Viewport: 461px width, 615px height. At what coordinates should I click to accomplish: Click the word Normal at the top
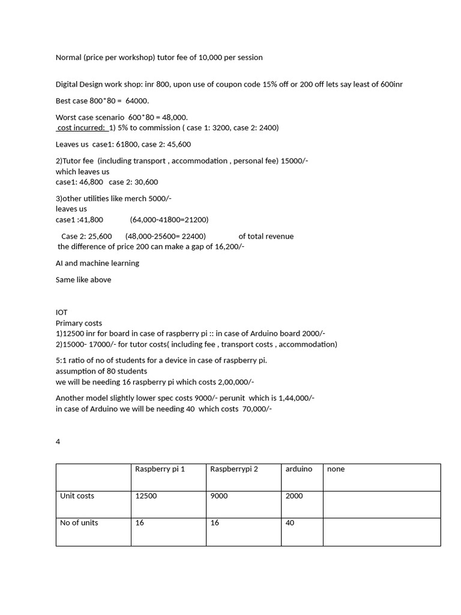click(x=68, y=58)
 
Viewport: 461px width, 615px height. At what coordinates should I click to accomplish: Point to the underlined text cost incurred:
click(x=82, y=128)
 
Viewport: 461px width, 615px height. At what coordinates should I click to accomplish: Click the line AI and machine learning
click(x=97, y=263)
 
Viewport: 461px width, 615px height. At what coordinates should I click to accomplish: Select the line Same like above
click(x=83, y=280)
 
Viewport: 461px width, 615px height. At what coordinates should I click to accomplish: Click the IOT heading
click(x=62, y=312)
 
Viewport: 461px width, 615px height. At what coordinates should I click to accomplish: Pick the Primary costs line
click(x=79, y=323)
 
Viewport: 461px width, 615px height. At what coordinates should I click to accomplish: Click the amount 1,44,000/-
click(x=297, y=398)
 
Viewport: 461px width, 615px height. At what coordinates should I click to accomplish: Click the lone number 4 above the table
click(x=58, y=441)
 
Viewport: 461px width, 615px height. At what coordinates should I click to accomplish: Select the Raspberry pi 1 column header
click(x=160, y=469)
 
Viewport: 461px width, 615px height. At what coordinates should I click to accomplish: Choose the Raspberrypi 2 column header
click(x=234, y=469)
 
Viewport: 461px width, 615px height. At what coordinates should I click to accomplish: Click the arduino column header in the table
click(x=299, y=469)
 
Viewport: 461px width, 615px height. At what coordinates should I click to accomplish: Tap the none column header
click(x=336, y=469)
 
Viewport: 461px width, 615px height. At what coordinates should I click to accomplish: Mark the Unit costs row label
click(x=77, y=496)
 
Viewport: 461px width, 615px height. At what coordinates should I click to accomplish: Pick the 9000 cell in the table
click(x=219, y=496)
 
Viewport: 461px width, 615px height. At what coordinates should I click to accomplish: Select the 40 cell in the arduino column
click(x=290, y=523)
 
